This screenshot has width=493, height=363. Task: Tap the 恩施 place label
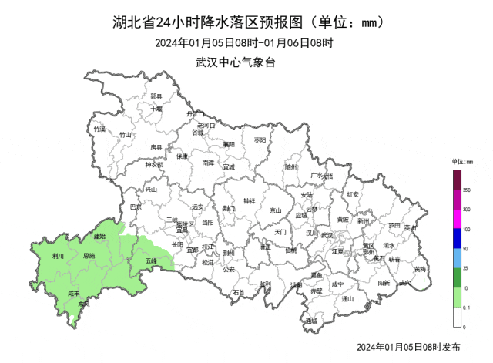pyautogui.click(x=88, y=256)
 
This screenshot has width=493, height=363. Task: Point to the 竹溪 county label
pyautogui.click(x=99, y=129)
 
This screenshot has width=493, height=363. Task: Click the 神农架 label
pyautogui.click(x=155, y=164)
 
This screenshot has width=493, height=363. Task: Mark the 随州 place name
pyautogui.click(x=290, y=166)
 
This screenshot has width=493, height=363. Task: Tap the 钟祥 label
pyautogui.click(x=249, y=201)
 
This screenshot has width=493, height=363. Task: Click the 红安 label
pyautogui.click(x=354, y=194)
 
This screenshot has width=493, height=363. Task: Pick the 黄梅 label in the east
pyautogui.click(x=420, y=270)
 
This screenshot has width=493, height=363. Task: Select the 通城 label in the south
pyautogui.click(x=310, y=321)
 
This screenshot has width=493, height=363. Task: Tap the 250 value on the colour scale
pyautogui.click(x=467, y=190)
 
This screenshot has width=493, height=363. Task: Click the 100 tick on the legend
pyautogui.click(x=466, y=230)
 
